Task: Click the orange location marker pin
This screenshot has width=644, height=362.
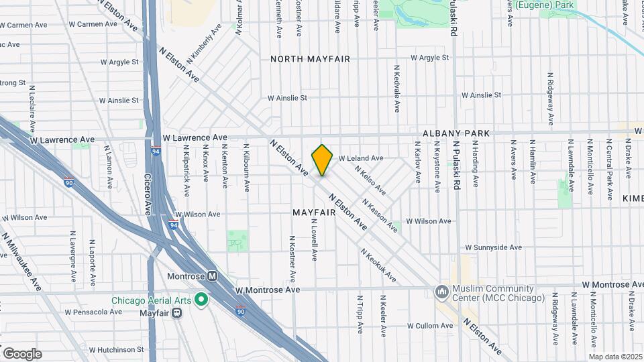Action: [322, 160]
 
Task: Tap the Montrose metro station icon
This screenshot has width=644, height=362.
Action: [212, 276]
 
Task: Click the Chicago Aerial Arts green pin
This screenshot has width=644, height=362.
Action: [200, 300]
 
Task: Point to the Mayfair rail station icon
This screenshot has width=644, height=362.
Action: [176, 312]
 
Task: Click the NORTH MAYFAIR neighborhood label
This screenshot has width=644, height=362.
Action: [310, 59]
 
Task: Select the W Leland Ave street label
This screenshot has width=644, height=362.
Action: [360, 158]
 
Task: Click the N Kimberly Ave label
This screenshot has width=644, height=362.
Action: [205, 44]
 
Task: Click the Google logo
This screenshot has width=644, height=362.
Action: [22, 353]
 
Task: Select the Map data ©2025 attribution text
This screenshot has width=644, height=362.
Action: [615, 357]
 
